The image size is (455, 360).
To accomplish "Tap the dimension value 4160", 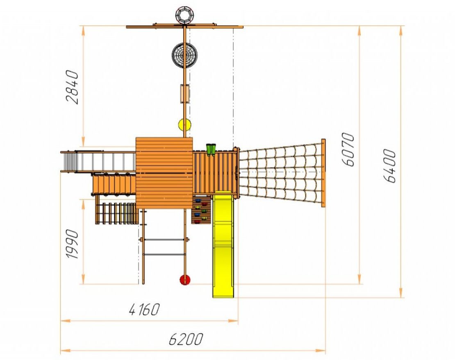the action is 144,309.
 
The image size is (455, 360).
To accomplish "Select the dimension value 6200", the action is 186,339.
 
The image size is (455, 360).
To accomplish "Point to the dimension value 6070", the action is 348,149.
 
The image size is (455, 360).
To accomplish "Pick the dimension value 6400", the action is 390,166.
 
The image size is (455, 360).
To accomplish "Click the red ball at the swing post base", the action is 185,280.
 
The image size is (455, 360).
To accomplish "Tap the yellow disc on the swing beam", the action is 184,125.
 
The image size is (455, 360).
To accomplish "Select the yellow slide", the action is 223,245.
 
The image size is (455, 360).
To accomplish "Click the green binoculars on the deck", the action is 211,149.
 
